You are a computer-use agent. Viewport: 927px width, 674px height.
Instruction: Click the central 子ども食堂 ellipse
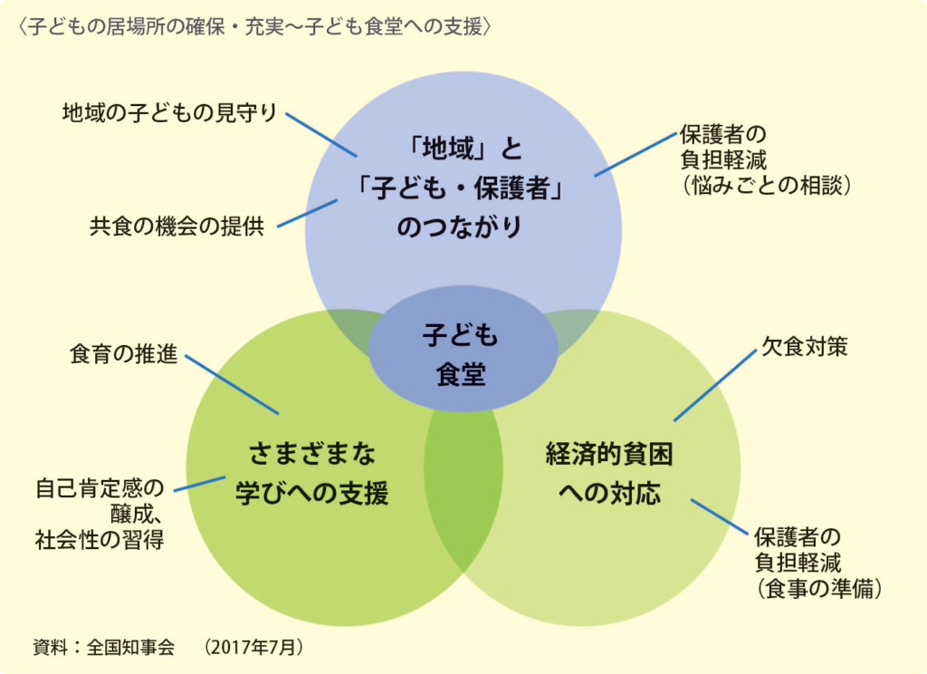(462, 354)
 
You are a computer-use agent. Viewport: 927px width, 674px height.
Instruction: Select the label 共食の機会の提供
(177, 226)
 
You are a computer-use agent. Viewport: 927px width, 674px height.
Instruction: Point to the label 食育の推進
(124, 354)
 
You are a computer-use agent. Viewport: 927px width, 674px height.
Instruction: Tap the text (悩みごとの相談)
(763, 185)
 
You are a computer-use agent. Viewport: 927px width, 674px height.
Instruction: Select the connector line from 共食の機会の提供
(307, 214)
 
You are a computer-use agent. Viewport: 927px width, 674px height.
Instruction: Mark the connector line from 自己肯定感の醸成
(199, 484)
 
